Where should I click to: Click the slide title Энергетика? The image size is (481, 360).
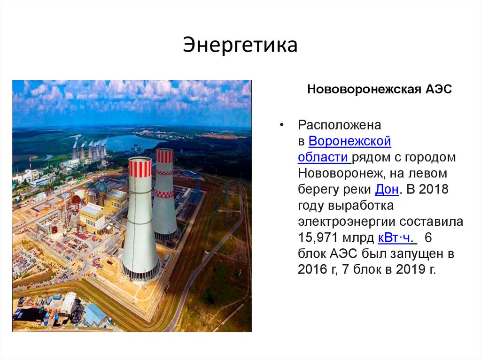(240, 46)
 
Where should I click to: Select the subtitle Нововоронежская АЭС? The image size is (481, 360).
(379, 89)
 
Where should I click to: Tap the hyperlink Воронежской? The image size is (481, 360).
(350, 141)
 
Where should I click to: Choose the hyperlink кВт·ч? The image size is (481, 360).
(394, 237)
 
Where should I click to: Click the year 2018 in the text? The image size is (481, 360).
(434, 189)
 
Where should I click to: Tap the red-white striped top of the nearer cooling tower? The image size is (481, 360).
(140, 168)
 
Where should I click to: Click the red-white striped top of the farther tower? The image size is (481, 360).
(164, 156)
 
